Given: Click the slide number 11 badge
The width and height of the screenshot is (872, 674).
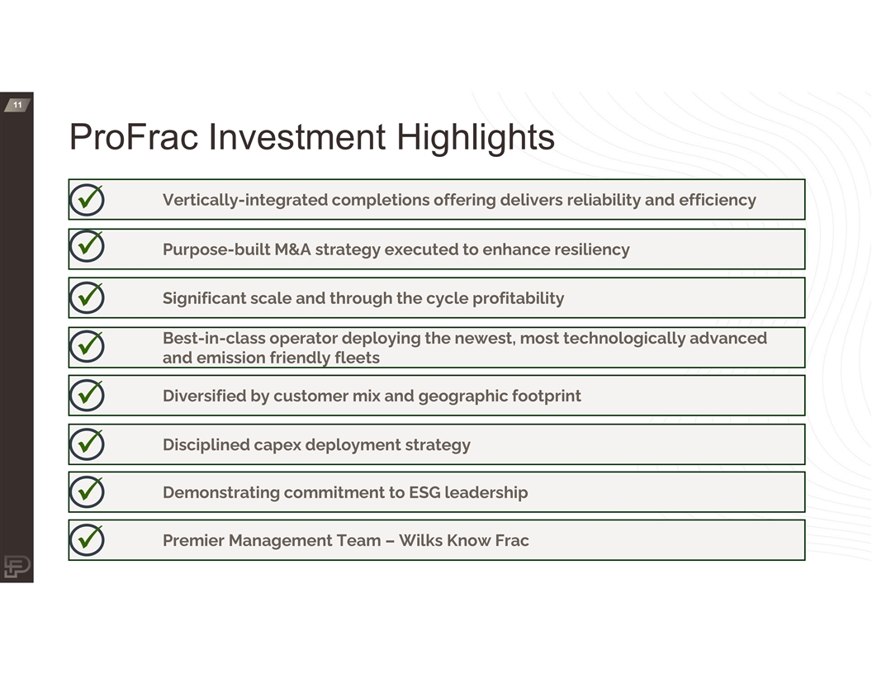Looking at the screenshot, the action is coord(17,105).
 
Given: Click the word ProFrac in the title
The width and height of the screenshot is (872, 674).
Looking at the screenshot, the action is coord(134,137).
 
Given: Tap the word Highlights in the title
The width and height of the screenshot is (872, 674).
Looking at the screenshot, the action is coord(476,138).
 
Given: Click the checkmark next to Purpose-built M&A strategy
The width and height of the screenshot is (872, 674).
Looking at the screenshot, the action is coord(88,246).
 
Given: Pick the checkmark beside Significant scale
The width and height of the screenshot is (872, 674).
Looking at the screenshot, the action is coord(88,297).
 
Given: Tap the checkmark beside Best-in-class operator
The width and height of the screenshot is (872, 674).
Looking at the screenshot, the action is coord(88,346).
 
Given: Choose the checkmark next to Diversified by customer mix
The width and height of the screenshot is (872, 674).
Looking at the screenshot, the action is coord(88,395).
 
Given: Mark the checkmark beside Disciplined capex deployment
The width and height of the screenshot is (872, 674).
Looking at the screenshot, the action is coord(88,444).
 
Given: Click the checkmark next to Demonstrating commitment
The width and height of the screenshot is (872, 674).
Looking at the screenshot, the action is coord(88,491).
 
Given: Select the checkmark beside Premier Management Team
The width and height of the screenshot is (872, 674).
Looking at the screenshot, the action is coord(88,539).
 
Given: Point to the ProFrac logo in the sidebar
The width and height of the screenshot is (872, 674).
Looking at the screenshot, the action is coord(17,567).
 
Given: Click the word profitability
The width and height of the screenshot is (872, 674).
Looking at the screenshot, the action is coord(519,299).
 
